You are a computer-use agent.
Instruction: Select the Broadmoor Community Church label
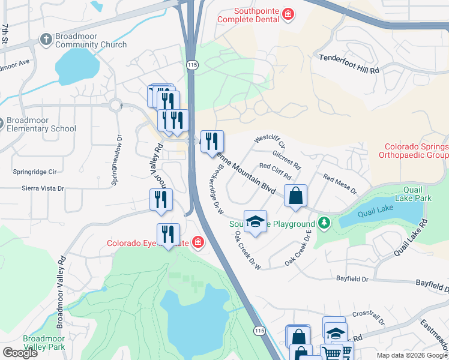click(x=91, y=40)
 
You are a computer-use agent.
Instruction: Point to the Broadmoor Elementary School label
click(x=41, y=124)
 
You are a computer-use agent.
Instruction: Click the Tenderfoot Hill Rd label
click(x=349, y=70)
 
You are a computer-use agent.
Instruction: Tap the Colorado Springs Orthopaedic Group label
click(x=416, y=150)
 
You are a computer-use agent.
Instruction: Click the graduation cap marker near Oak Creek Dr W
click(x=255, y=221)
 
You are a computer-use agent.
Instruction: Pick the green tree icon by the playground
click(x=325, y=223)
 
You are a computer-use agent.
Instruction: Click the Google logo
click(x=20, y=352)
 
